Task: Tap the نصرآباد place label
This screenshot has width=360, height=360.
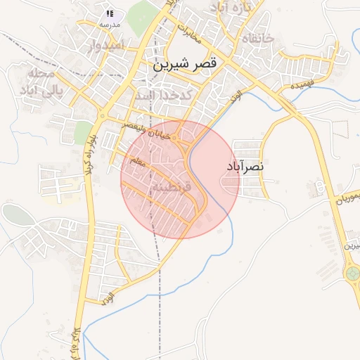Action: pyautogui.click(x=245, y=167)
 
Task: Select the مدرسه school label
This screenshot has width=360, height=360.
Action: pyautogui.click(x=110, y=25)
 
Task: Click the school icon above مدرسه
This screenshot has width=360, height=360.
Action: pyautogui.click(x=110, y=13)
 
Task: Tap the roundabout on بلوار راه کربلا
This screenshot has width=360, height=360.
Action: pyautogui.click(x=103, y=115)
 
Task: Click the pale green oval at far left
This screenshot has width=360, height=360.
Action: pyautogui.click(x=18, y=214)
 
